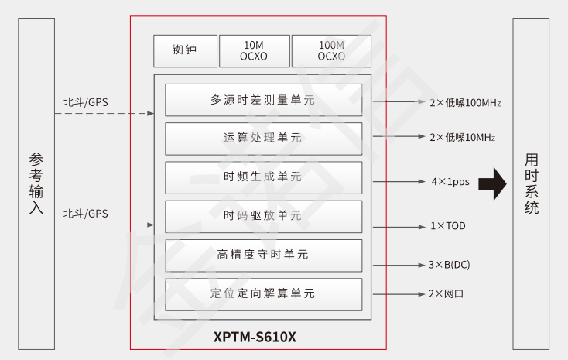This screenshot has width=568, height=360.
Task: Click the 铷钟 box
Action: (x=185, y=51)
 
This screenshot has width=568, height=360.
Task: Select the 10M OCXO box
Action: (x=254, y=51)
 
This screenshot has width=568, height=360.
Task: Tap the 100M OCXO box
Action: (x=331, y=51)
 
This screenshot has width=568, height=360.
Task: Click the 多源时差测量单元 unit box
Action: (x=263, y=100)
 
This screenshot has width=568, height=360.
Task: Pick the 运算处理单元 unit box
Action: (x=263, y=138)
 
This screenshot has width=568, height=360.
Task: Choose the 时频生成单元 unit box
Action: (x=263, y=177)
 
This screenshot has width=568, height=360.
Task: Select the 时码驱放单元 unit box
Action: (x=263, y=216)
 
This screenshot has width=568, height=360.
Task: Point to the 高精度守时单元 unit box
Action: (x=263, y=255)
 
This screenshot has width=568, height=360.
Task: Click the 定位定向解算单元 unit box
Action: (x=263, y=294)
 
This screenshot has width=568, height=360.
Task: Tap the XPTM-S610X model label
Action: (x=255, y=338)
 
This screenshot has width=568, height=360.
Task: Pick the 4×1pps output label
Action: (x=450, y=183)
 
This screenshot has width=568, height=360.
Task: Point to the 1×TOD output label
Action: (x=448, y=226)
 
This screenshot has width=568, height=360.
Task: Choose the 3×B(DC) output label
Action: (x=450, y=265)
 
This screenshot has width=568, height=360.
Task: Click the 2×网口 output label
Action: (x=447, y=294)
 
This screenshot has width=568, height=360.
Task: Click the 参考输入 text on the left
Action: (x=36, y=183)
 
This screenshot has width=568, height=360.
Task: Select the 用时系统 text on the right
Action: (x=532, y=183)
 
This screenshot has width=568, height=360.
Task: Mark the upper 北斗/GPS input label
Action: (x=86, y=101)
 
